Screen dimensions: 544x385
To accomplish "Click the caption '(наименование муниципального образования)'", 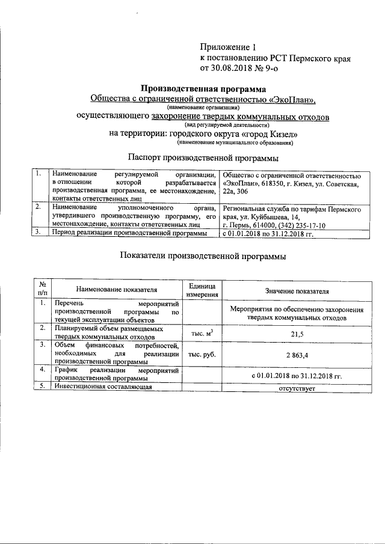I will tap(235, 143).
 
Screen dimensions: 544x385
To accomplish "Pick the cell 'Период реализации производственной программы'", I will tap(130, 232).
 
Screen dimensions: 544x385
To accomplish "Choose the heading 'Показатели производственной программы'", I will tap(203, 255).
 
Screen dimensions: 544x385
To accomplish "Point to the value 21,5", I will tap(297, 333).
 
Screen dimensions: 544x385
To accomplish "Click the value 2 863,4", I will tap(297, 355).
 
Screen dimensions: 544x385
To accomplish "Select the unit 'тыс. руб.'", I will tap(202, 355).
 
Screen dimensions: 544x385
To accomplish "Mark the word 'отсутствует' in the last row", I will tap(297, 388).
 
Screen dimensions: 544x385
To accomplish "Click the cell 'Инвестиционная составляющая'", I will tap(101, 387).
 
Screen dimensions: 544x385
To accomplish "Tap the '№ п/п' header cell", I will tap(42, 290).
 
